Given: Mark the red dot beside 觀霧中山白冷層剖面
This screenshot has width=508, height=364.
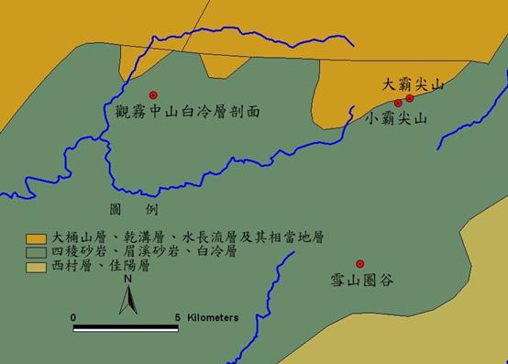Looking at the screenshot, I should tap(153, 95).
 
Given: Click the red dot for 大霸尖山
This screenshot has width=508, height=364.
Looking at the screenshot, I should tap(410, 98).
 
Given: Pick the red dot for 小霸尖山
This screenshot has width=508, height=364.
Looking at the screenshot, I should tap(398, 104).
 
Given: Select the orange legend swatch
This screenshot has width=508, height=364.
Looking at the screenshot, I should tap(36, 237).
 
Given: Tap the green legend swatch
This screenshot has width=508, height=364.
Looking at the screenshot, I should tap(36, 250).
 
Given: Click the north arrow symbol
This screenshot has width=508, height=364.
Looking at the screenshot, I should tap(129, 297).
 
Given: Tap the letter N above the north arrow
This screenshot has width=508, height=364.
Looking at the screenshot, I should tap(129, 279).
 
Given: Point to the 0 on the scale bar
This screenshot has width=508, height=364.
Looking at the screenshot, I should tap(73, 317).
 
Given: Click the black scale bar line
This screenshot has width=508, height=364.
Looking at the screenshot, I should tap(126, 327).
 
